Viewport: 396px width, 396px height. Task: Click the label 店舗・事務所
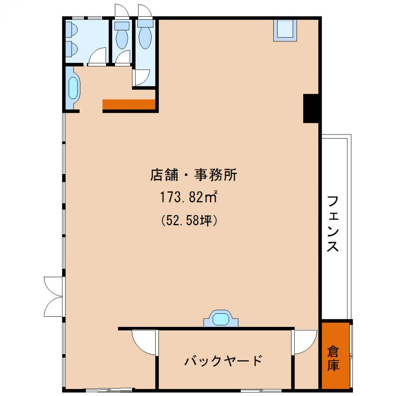194,175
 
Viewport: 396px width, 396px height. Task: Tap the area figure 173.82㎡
189,197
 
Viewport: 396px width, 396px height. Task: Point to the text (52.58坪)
189,220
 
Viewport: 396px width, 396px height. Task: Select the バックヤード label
223,361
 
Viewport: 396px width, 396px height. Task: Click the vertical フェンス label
333,224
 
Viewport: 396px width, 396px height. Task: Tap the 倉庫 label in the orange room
333,359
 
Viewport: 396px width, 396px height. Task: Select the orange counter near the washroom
129,105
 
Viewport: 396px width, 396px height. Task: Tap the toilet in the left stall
122,35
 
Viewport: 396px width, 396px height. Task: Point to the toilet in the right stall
145,34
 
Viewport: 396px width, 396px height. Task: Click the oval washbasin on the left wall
73,88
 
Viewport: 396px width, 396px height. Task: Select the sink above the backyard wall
221,319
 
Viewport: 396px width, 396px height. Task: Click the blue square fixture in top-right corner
285,30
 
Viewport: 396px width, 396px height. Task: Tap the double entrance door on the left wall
54,297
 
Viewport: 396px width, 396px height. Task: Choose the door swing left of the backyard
144,342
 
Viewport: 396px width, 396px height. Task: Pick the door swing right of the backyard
304,342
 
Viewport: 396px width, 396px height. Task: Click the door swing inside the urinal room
98,56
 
